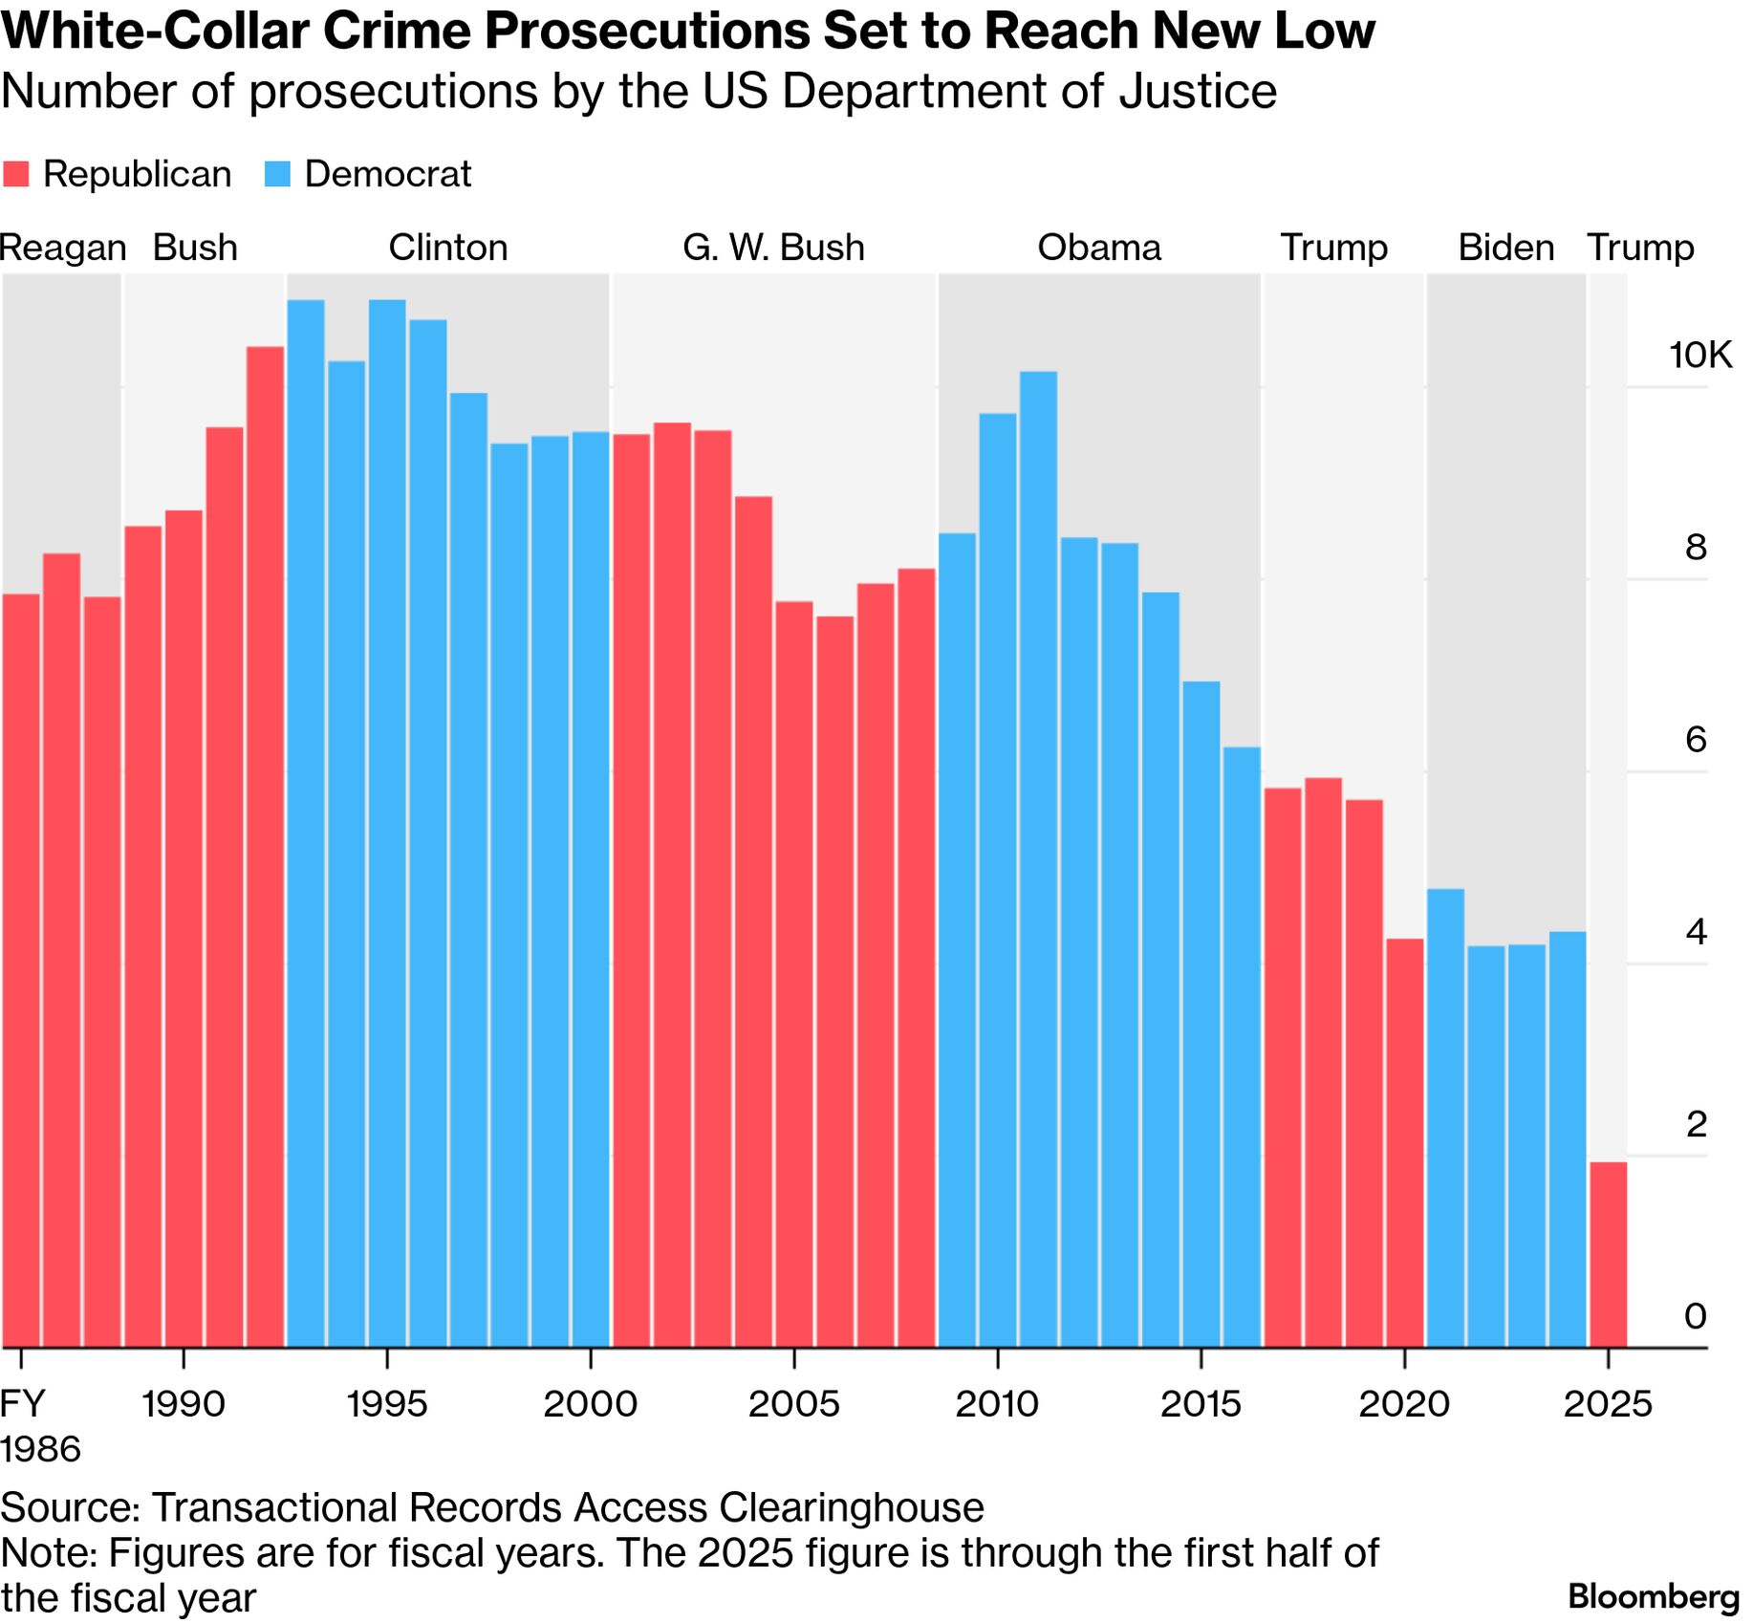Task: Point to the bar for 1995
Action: (387, 823)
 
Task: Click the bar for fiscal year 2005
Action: (793, 974)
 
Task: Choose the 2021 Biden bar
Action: (1445, 1117)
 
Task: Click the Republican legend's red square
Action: (16, 175)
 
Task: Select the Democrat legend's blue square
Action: (277, 175)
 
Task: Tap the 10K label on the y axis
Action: (1699, 356)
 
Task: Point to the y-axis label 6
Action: (1696, 740)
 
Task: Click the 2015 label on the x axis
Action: (1201, 1404)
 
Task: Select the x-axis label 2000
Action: (590, 1404)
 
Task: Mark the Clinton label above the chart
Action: (447, 248)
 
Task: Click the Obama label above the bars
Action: (1099, 248)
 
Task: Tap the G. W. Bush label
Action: (773, 248)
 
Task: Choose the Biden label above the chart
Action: (1505, 248)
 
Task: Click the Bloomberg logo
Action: (1654, 1596)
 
